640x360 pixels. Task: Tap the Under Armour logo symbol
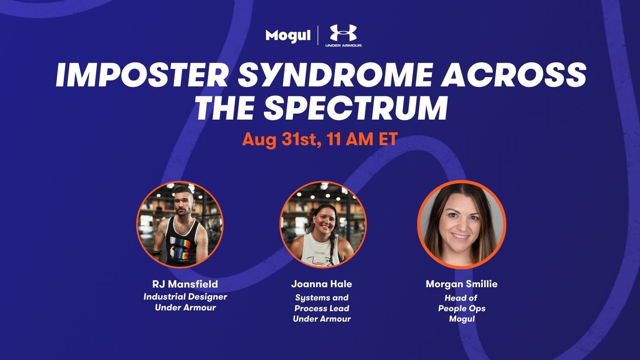click(x=344, y=33)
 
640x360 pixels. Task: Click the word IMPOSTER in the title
click(x=142, y=75)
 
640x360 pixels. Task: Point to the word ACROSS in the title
click(x=513, y=75)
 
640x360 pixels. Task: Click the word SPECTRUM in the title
click(x=356, y=108)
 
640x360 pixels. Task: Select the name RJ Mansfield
click(x=185, y=284)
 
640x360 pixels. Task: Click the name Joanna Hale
click(x=322, y=284)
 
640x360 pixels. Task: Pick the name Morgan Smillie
click(x=462, y=284)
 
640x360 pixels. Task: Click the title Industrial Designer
click(x=185, y=296)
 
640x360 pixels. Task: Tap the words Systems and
click(x=322, y=298)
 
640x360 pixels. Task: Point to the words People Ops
click(x=462, y=308)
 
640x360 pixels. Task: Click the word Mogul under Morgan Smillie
click(x=462, y=319)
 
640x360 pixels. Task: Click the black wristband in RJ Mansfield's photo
click(x=158, y=254)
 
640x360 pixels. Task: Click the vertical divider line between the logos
click(x=318, y=36)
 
